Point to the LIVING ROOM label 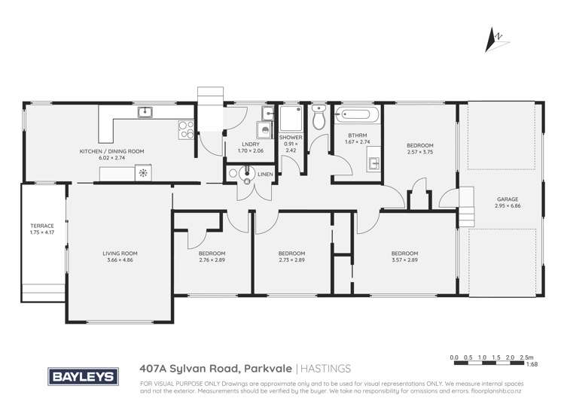[x=120, y=254]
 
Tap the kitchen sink [x=145, y=113]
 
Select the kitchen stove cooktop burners [x=184, y=129]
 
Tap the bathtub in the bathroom [x=358, y=116]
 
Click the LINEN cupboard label [x=265, y=175]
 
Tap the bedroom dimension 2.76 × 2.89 [x=212, y=260]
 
